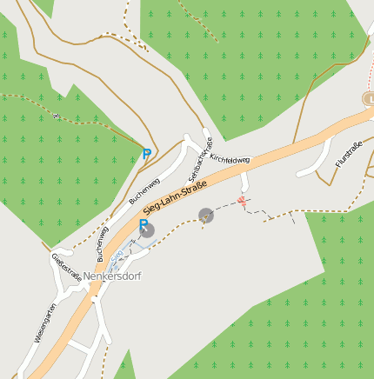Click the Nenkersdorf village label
(x=112, y=276)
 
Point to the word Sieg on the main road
(x=152, y=208)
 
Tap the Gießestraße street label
(x=67, y=265)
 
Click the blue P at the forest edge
(x=146, y=154)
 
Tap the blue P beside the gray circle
(x=143, y=224)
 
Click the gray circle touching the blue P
(x=149, y=230)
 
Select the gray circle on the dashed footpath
(x=206, y=215)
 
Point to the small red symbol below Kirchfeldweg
(x=242, y=202)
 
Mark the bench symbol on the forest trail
(x=56, y=116)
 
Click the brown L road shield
(x=369, y=99)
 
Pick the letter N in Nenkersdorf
(x=88, y=276)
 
